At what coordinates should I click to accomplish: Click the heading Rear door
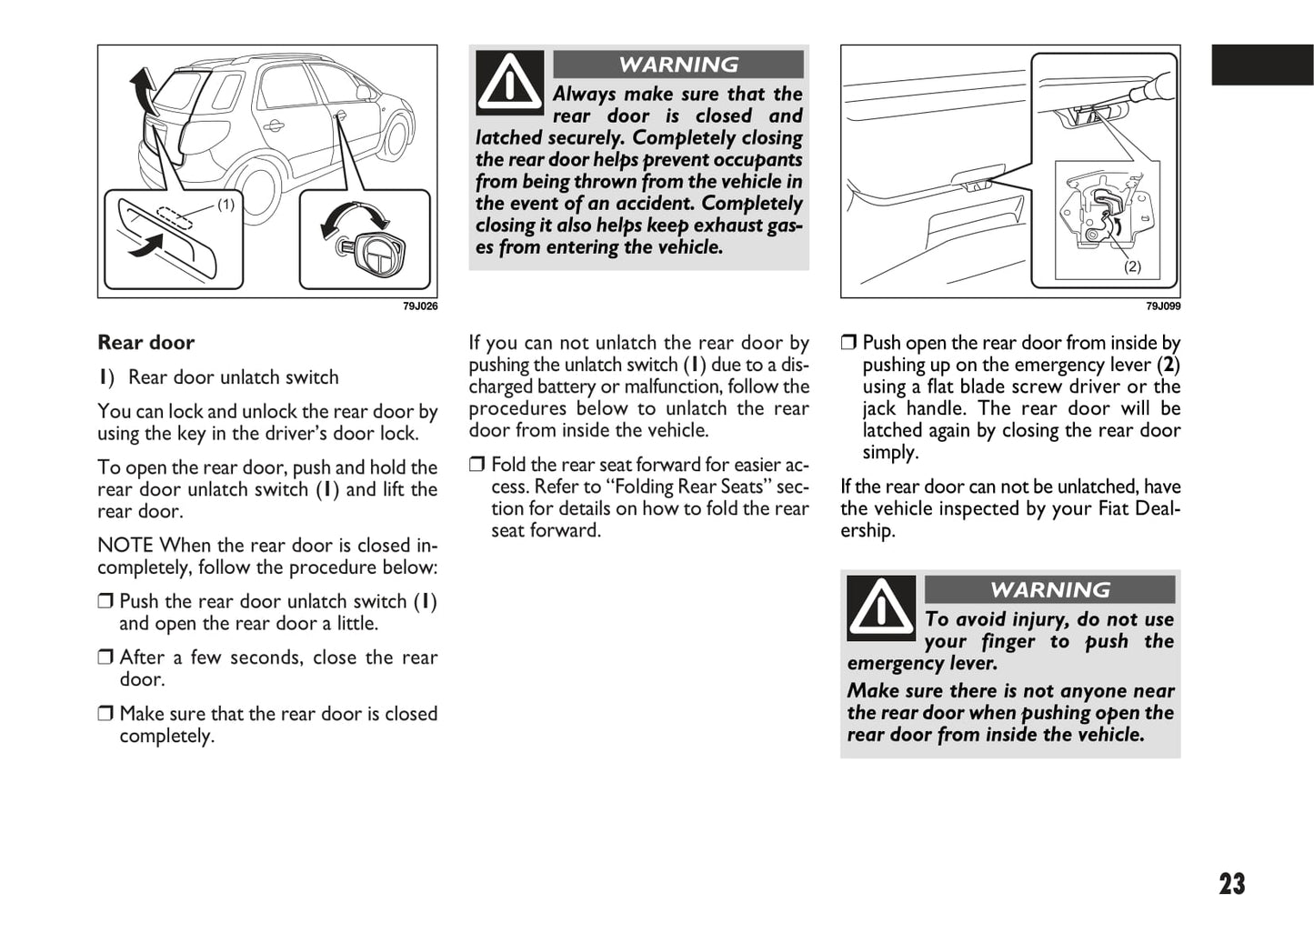(x=145, y=343)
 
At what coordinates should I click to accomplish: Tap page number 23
(x=1231, y=884)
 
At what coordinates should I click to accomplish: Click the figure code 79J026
(x=420, y=306)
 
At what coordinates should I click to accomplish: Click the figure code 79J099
(x=1163, y=306)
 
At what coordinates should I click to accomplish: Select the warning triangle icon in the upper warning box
(x=509, y=82)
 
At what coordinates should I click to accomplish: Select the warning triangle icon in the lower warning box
(x=880, y=607)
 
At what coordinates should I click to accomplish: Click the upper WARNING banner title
(x=678, y=65)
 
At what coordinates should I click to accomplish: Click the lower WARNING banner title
(x=1049, y=590)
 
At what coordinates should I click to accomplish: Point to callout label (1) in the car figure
(x=226, y=205)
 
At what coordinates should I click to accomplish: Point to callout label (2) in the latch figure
(x=1132, y=266)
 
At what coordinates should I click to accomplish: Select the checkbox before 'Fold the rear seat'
(x=477, y=465)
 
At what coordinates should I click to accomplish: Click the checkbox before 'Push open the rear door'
(x=848, y=343)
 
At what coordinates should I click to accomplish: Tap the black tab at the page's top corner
(x=1262, y=65)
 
